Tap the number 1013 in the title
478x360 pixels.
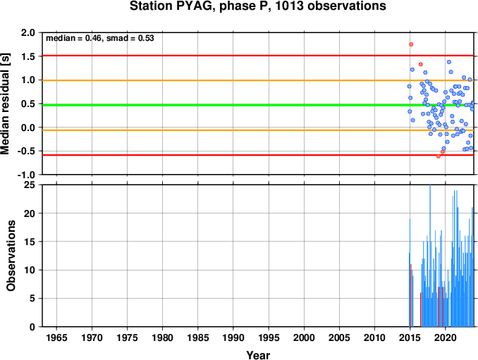point(290,6)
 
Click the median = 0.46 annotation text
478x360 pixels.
point(73,38)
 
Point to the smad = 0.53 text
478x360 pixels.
point(130,38)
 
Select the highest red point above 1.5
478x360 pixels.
point(411,44)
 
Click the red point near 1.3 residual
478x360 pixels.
point(421,64)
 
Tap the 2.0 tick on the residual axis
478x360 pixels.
point(28,32)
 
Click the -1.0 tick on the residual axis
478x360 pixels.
point(26,175)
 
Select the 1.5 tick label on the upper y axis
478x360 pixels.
point(28,56)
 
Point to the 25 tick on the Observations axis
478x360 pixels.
point(30,185)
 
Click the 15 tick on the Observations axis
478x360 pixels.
point(30,242)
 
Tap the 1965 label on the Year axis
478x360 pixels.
point(56,337)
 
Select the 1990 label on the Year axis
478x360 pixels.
point(233,337)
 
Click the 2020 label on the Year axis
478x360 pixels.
point(446,337)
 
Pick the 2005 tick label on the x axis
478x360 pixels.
point(339,337)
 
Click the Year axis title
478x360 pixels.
point(258,355)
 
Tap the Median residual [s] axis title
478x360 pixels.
point(6,104)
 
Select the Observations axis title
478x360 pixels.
point(11,256)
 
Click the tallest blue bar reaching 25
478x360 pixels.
point(430,256)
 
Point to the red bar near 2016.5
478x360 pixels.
point(421,310)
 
